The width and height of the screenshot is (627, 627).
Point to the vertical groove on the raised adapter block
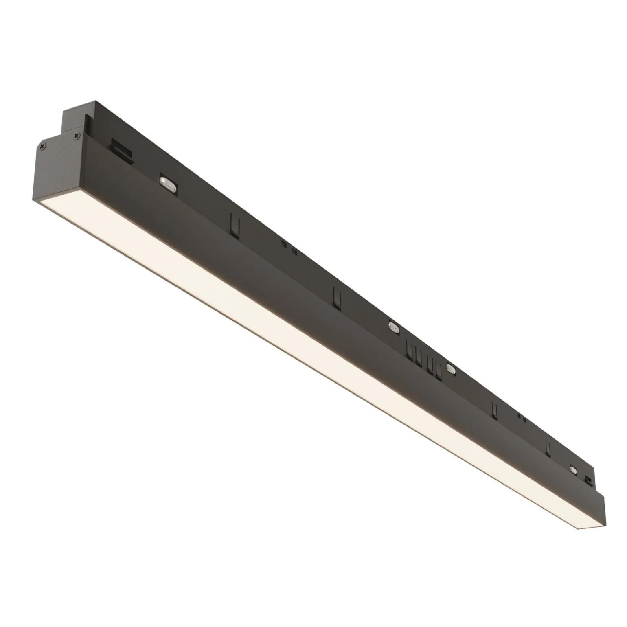pyautogui.click(x=87, y=122)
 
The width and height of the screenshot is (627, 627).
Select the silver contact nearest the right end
pyautogui.click(x=574, y=469)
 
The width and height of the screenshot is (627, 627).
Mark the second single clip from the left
pyautogui.click(x=336, y=298)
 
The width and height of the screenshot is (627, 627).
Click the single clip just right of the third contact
pyautogui.click(x=495, y=411)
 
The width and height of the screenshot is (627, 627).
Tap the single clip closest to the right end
pyautogui.click(x=549, y=448)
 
